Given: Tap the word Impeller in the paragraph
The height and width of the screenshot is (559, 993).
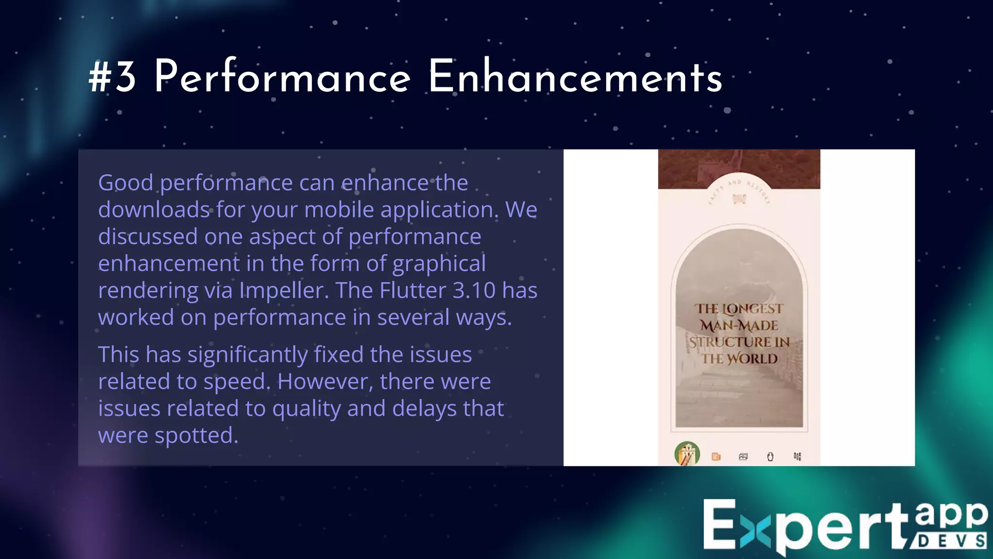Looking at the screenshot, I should pyautogui.click(x=282, y=291).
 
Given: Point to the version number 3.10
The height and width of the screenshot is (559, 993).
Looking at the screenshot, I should pyautogui.click(x=474, y=290).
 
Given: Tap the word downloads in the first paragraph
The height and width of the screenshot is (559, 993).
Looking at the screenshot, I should pyautogui.click(x=154, y=210).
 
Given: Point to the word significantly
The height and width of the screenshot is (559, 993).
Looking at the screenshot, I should pyautogui.click(x=247, y=355).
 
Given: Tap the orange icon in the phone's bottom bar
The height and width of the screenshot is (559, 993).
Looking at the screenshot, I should pyautogui.click(x=716, y=457).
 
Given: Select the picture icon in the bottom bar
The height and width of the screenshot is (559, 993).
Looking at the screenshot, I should pyautogui.click(x=743, y=457).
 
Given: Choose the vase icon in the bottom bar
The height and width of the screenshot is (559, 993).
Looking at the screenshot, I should pyautogui.click(x=770, y=457).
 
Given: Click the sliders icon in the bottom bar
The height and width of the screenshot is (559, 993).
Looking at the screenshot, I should pyautogui.click(x=798, y=457).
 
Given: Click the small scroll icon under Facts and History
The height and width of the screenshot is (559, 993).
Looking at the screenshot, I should pyautogui.click(x=739, y=199).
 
